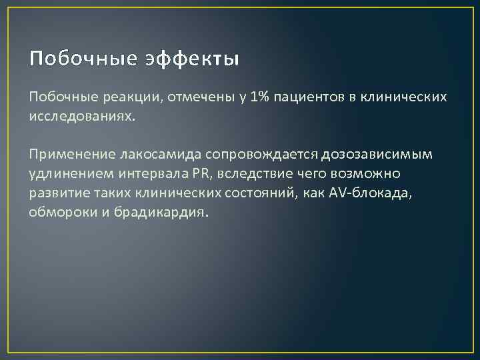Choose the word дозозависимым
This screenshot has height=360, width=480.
[x=377, y=155]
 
